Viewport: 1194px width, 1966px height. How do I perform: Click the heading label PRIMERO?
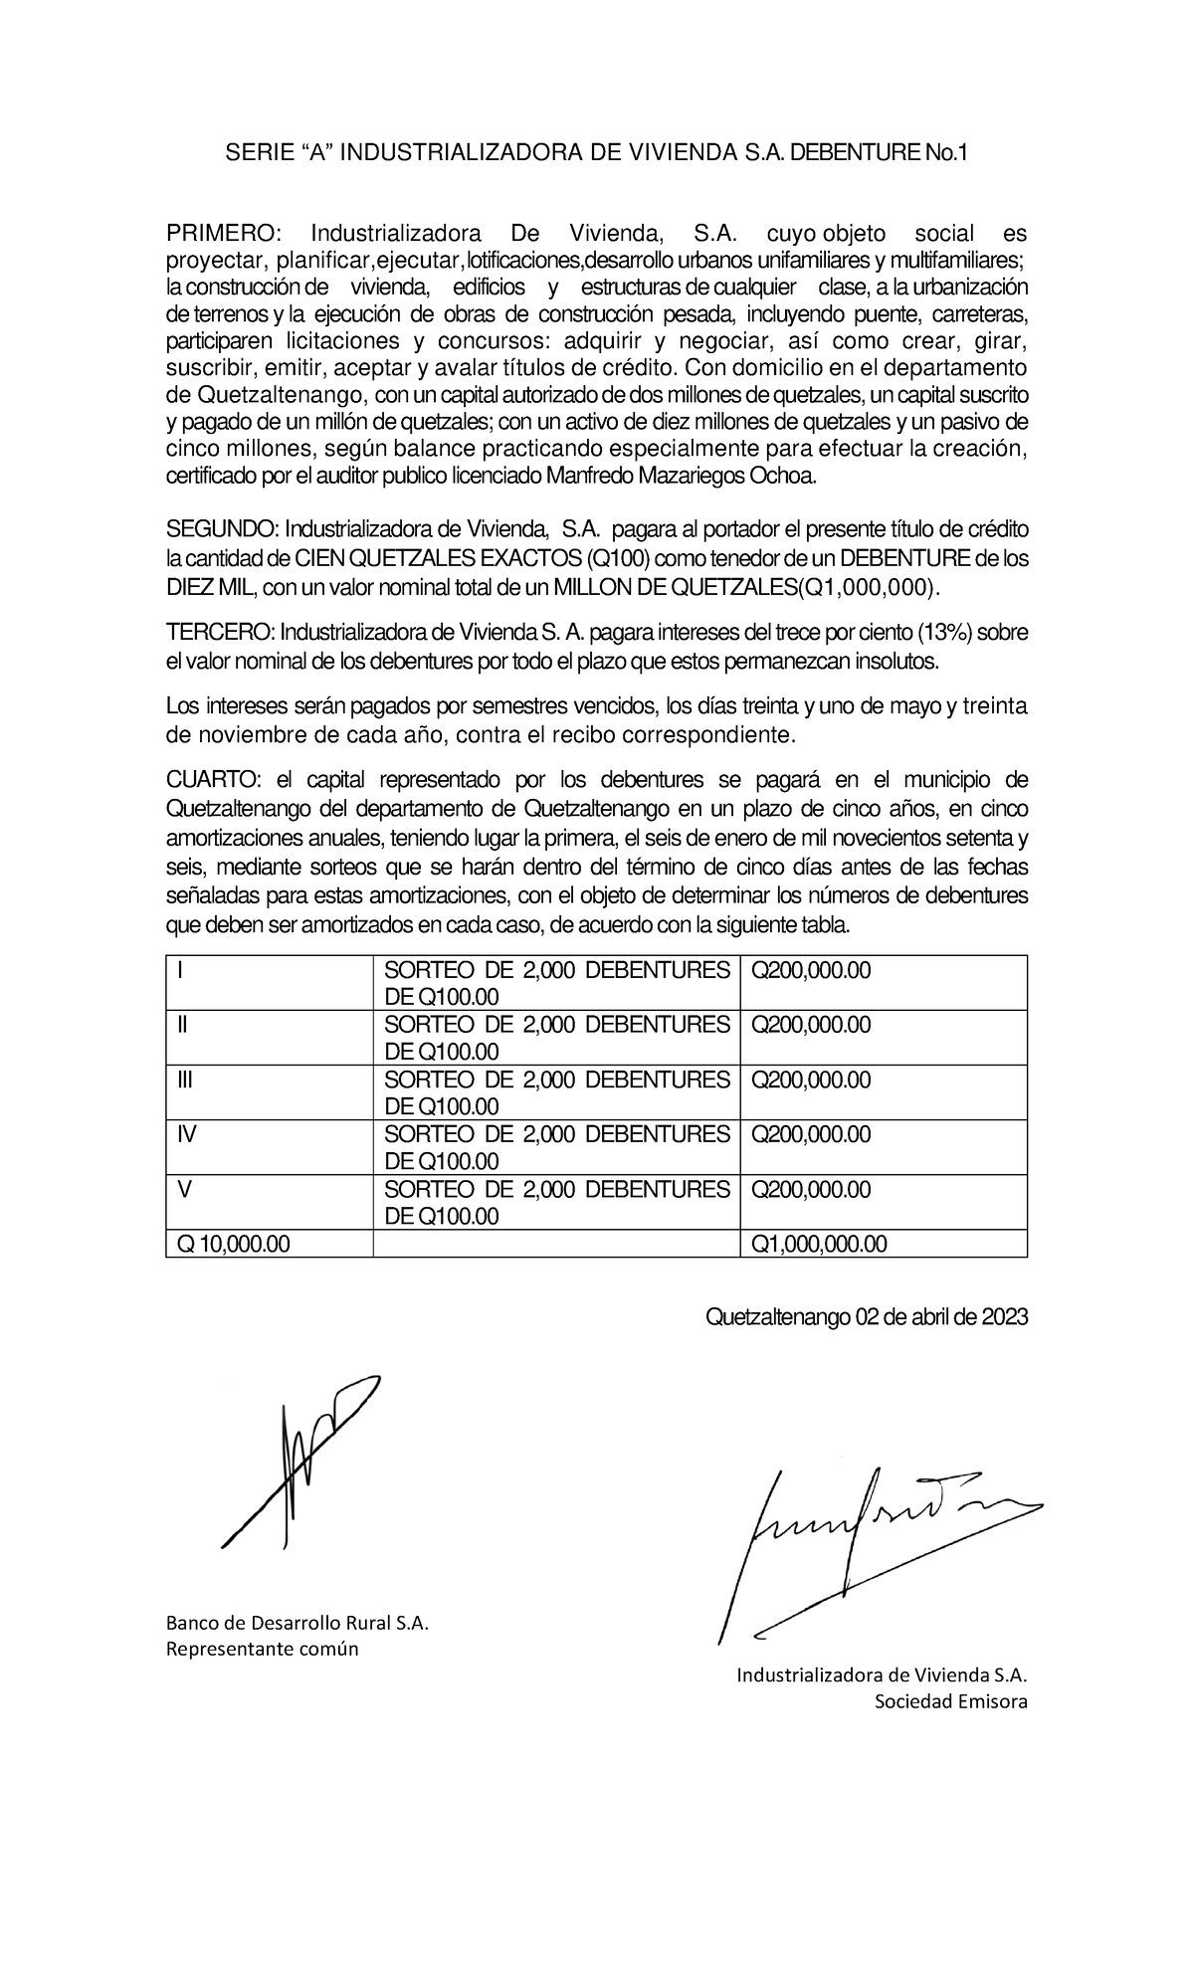pyautogui.click(x=224, y=234)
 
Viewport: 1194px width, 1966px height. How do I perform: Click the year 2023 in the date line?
pyautogui.click(x=1003, y=1317)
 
